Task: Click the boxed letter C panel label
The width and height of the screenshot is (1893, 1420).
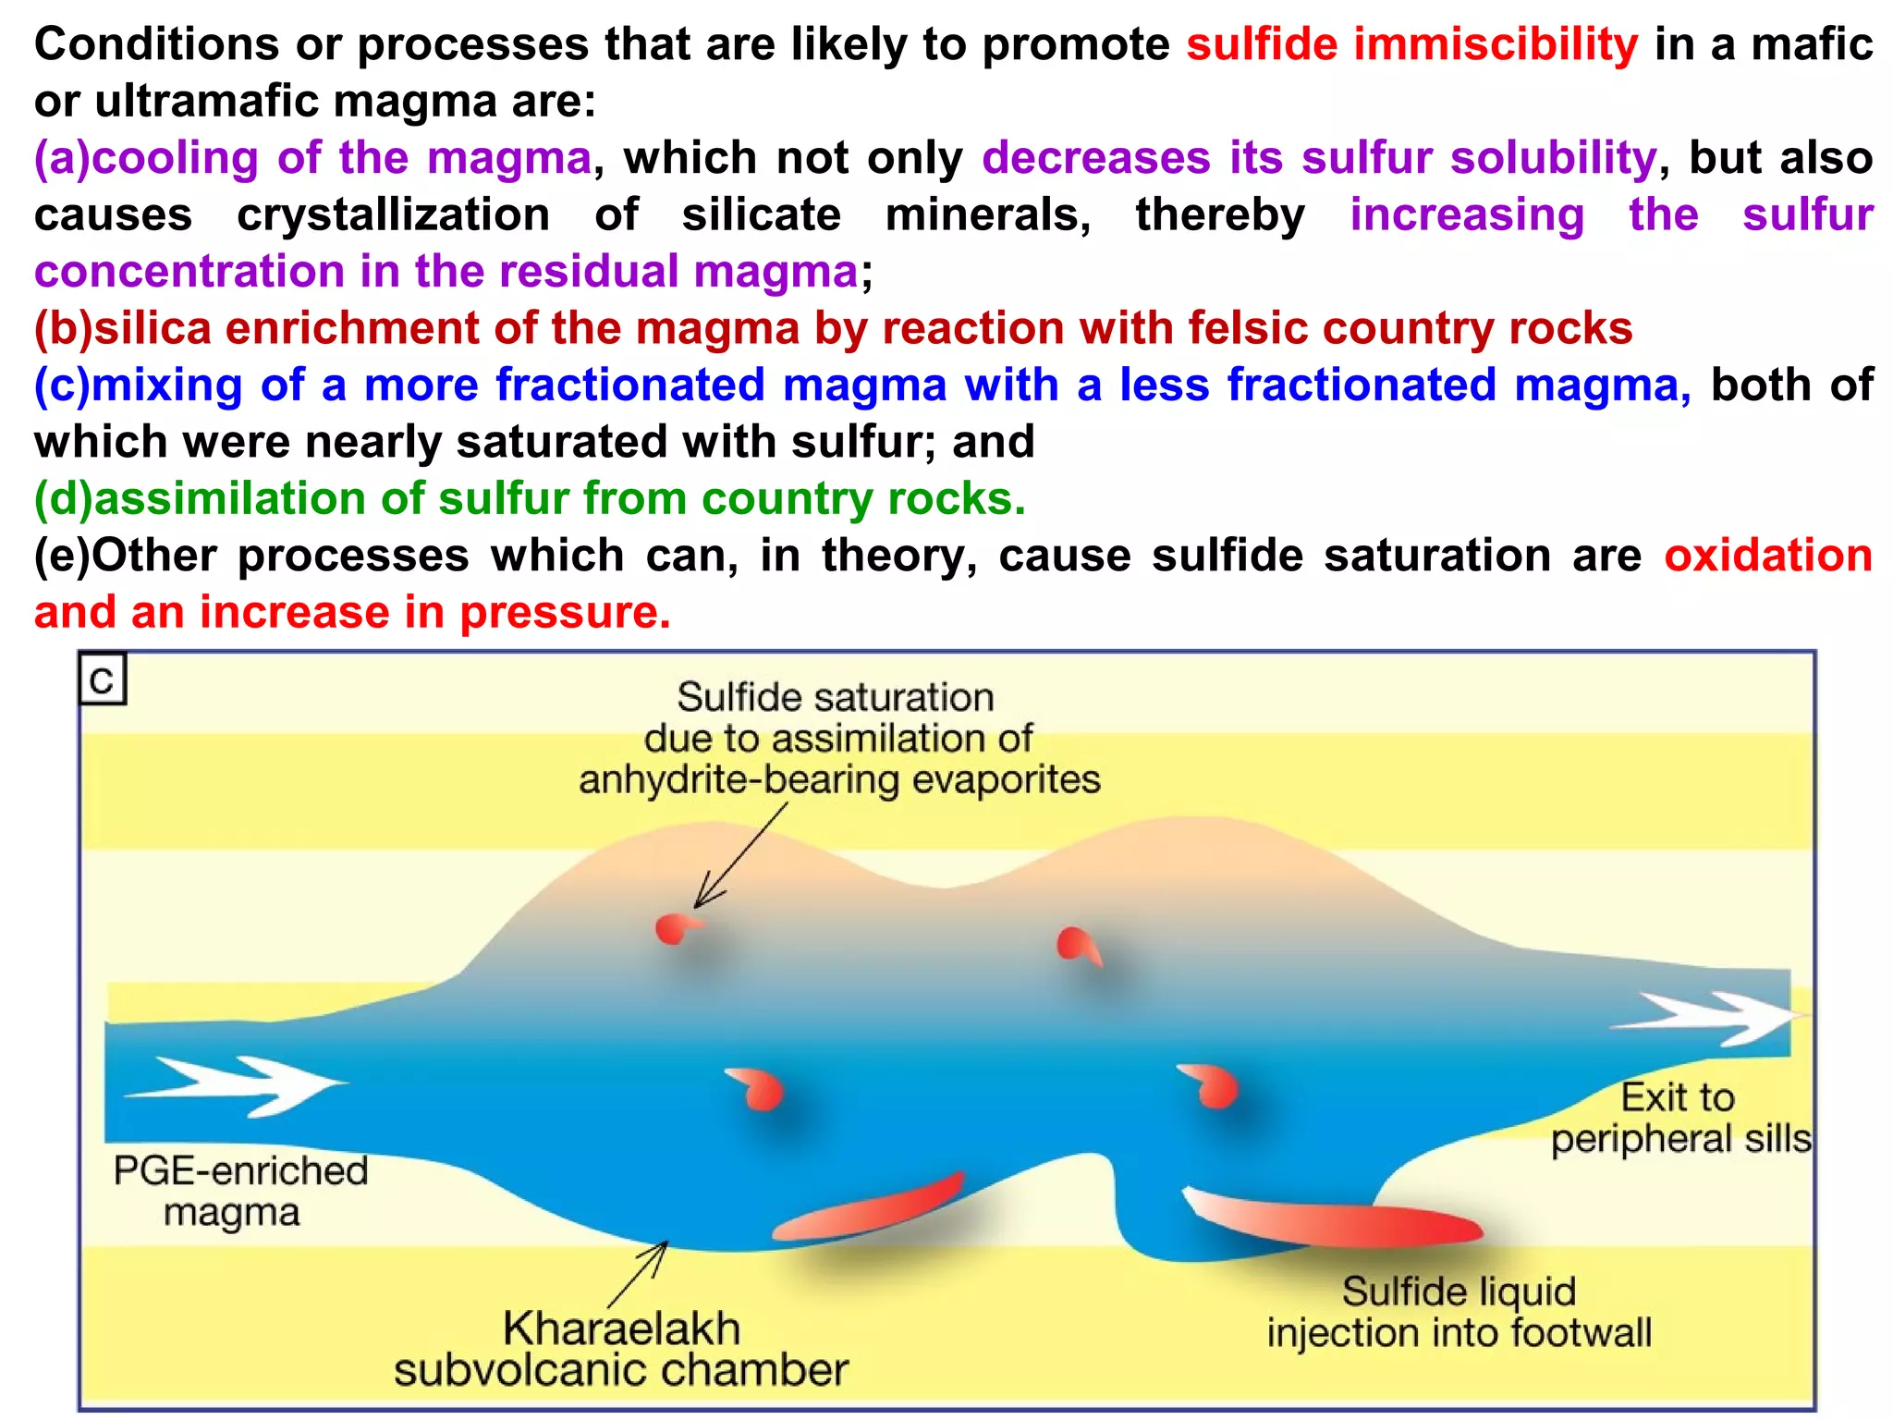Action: coord(102,680)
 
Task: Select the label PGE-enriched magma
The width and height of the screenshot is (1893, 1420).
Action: coord(239,1191)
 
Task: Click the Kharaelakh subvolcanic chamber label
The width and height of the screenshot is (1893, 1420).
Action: coord(620,1349)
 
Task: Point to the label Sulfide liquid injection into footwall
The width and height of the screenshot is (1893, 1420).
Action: coord(1459,1311)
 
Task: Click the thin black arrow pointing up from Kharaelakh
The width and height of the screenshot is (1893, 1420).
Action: coord(638,1274)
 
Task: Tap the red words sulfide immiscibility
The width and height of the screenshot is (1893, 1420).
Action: coord(1411,44)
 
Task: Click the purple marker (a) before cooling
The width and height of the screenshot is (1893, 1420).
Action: coord(62,158)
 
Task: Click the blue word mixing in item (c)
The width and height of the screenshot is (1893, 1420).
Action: coord(166,385)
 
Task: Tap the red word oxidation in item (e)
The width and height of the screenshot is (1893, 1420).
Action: coord(1767,556)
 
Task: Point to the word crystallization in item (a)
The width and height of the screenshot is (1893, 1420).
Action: coord(393,214)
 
